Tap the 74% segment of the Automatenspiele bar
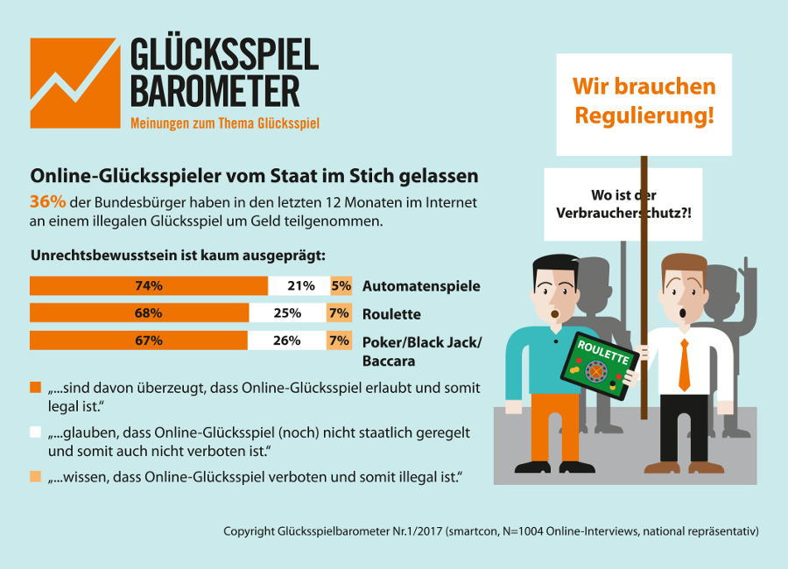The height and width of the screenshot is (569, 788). click(x=149, y=286)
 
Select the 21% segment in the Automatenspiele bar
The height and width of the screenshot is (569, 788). click(x=299, y=286)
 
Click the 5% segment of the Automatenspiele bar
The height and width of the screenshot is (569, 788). click(x=341, y=286)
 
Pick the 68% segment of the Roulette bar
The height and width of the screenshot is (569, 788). click(x=140, y=313)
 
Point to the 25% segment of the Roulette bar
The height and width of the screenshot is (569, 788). click(x=288, y=313)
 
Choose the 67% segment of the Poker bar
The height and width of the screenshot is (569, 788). click(x=138, y=341)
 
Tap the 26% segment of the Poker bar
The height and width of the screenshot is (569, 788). click(x=286, y=341)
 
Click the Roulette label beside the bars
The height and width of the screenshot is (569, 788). click(x=391, y=313)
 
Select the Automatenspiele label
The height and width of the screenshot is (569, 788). click(x=421, y=286)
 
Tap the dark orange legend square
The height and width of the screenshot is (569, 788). click(x=36, y=387)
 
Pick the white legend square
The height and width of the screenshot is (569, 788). click(x=36, y=432)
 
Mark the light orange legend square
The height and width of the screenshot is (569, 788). click(x=36, y=476)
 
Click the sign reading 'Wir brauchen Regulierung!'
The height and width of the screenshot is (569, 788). click(x=644, y=101)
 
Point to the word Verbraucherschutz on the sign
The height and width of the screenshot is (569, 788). click(x=623, y=212)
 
